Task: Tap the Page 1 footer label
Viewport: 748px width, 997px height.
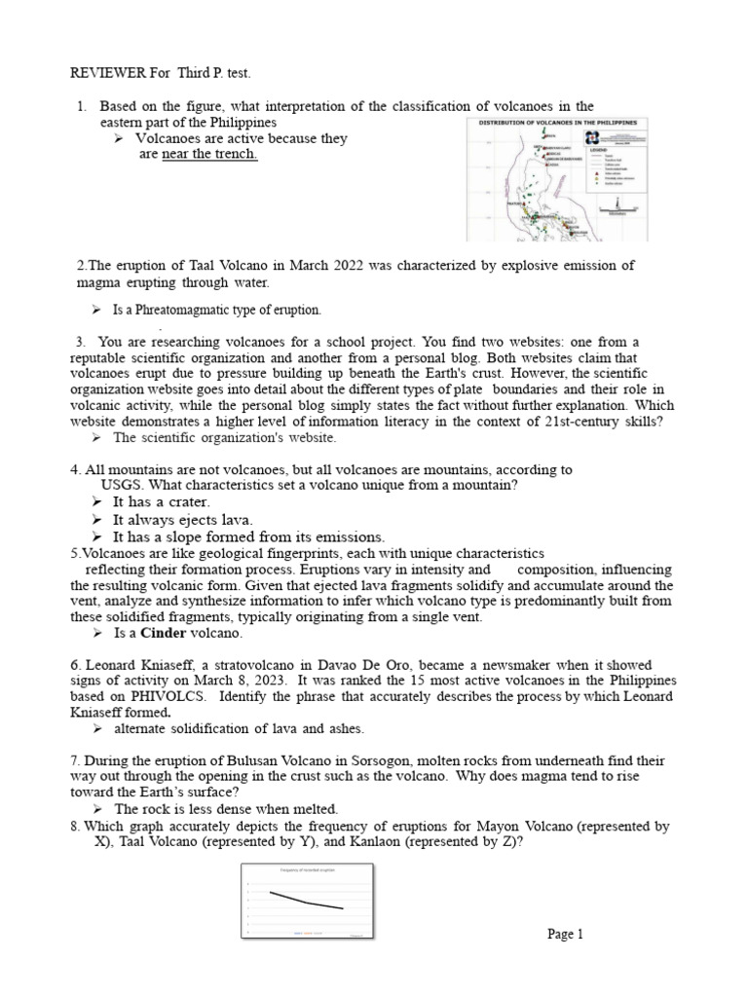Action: pos(565,935)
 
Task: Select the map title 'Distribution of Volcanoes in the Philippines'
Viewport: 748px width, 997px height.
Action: pos(561,123)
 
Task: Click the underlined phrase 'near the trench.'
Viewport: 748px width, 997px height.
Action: pos(210,155)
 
